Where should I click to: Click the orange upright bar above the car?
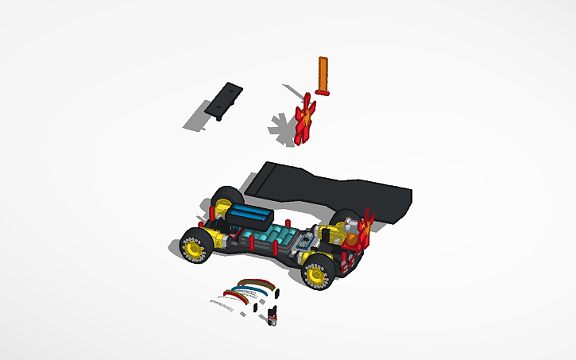coord(323,74)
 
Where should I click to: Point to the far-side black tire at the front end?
coord(227,195)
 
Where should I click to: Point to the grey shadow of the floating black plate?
coord(198,119)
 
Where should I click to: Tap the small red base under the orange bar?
coord(323,92)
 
